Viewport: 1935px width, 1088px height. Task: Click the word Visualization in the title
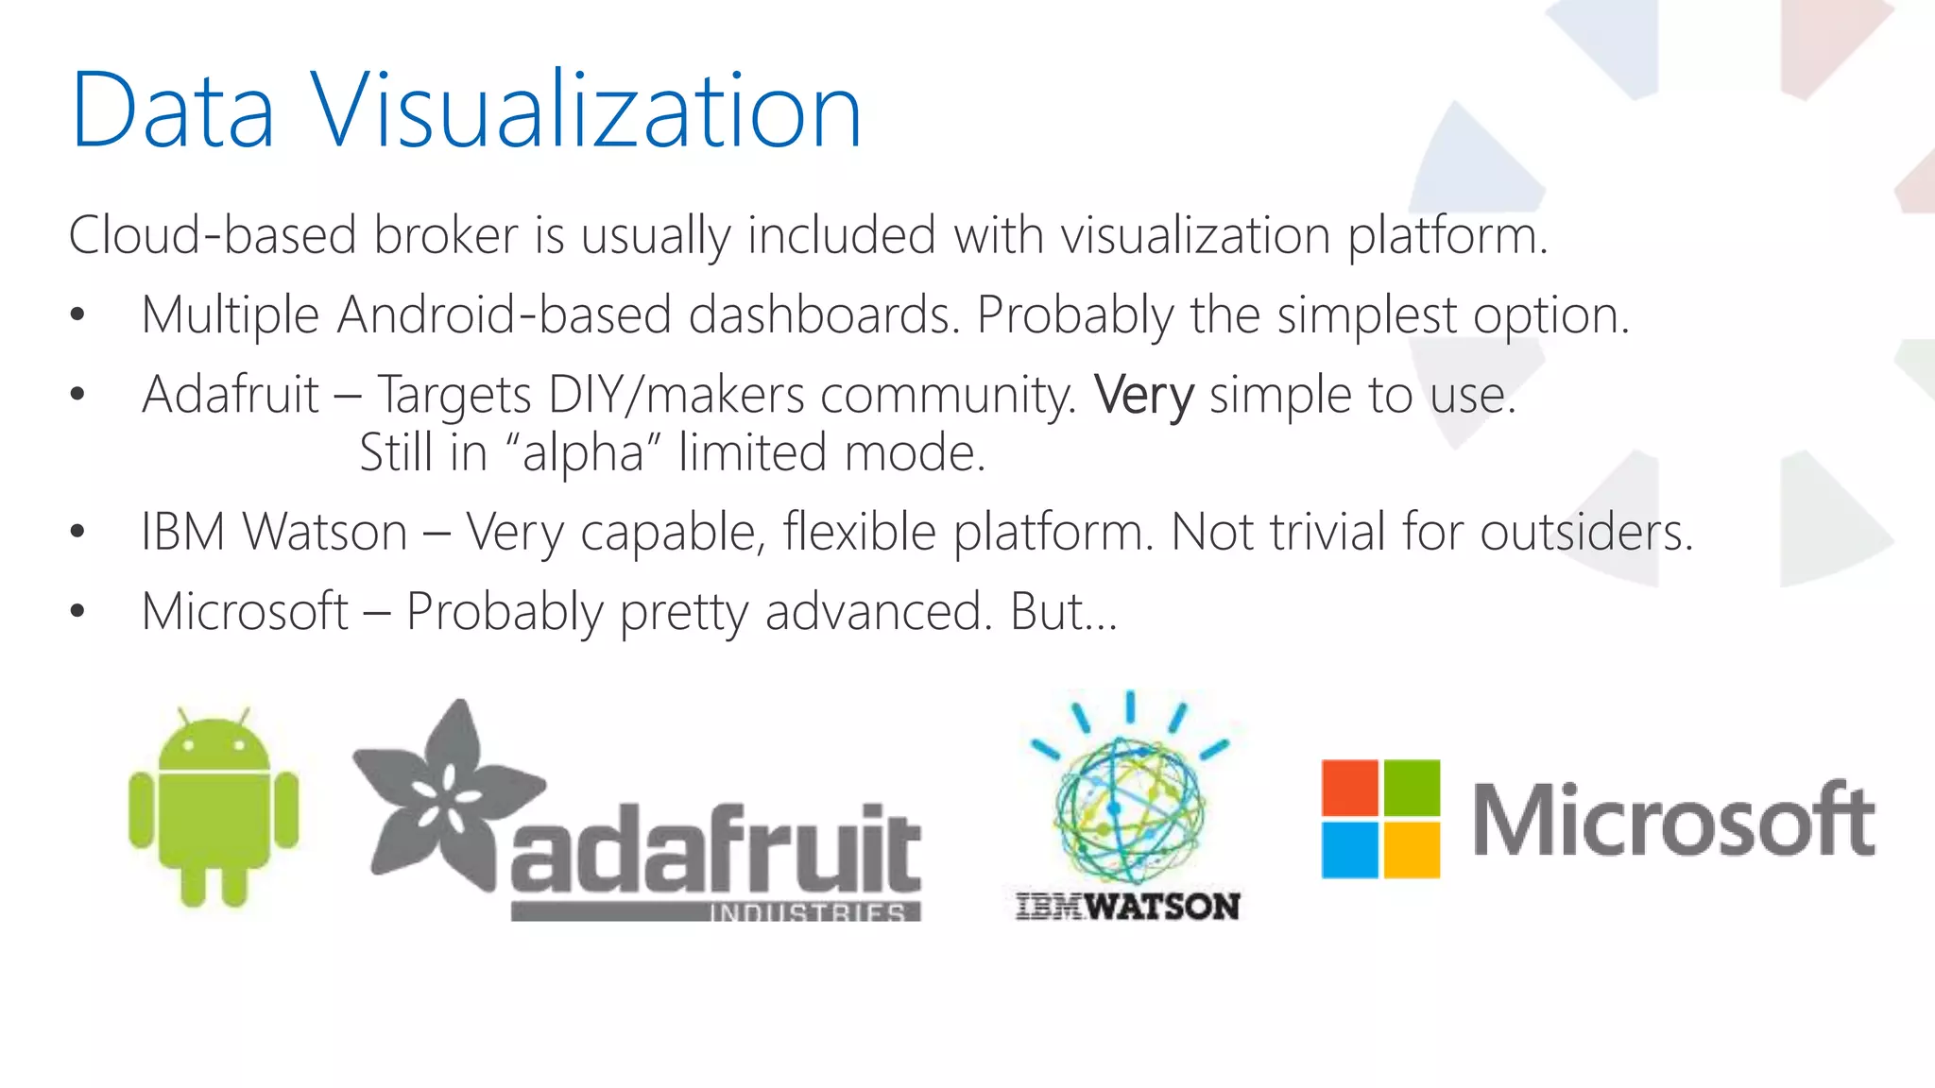(586, 111)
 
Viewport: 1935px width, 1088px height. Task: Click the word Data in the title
(173, 111)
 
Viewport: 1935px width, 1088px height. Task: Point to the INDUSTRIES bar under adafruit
(715, 912)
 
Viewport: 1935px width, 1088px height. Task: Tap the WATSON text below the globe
(1162, 907)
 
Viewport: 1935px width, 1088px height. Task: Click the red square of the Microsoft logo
(1349, 788)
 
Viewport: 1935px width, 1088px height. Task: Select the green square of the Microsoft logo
(1412, 788)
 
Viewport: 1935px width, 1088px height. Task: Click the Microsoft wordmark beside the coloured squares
(1672, 820)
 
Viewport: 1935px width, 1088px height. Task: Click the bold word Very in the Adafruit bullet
(1143, 395)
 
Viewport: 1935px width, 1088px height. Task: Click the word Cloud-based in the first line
(213, 235)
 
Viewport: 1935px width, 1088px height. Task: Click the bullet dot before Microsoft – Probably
(77, 612)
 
